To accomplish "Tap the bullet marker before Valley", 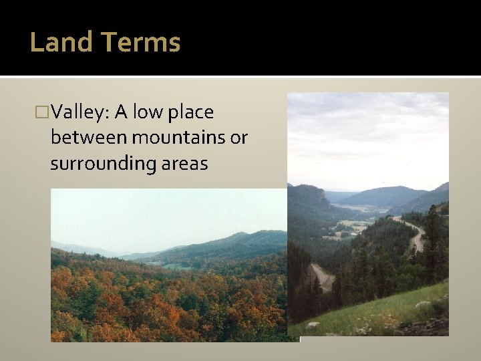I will [43, 112].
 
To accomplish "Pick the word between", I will [89, 138].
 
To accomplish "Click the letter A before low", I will [121, 112].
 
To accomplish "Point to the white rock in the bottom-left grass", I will [313, 326].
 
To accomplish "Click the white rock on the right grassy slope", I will [422, 305].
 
